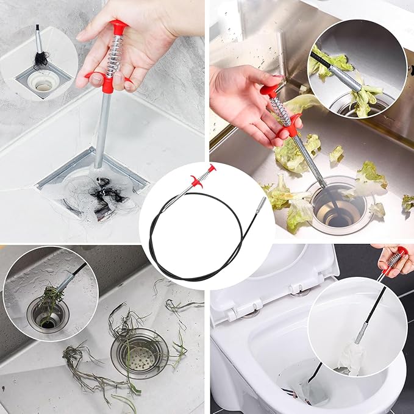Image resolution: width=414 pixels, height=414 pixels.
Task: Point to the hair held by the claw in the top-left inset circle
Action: (40, 59)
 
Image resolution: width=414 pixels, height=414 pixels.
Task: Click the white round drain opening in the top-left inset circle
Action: (43, 84)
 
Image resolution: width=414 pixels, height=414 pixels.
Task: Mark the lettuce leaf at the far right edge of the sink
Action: (407, 203)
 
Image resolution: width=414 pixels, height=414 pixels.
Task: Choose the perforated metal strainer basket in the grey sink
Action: (140, 352)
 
